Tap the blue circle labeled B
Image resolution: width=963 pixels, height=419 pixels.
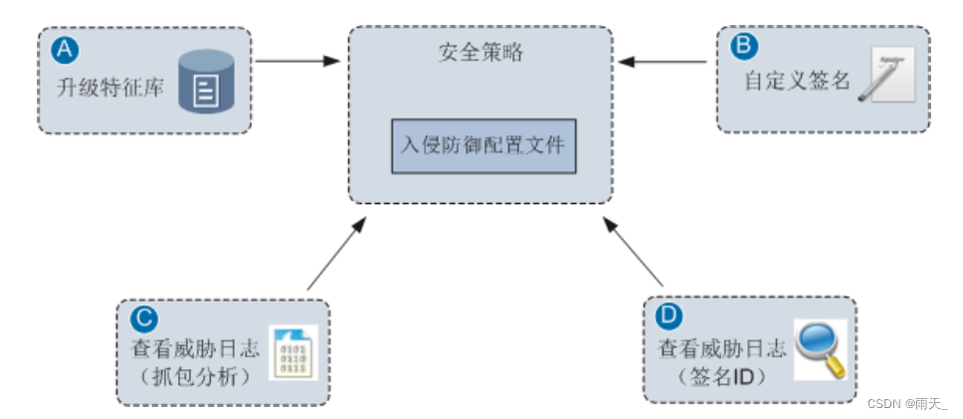click(743, 46)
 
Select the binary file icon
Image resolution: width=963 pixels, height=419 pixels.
click(293, 350)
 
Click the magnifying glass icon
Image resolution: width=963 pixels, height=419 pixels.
click(820, 349)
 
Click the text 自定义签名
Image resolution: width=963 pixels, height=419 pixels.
click(798, 81)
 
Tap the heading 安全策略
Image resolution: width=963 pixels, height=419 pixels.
click(481, 52)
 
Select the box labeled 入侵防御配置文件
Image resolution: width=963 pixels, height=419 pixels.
click(482, 145)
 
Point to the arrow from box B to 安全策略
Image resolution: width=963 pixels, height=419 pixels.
click(664, 63)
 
